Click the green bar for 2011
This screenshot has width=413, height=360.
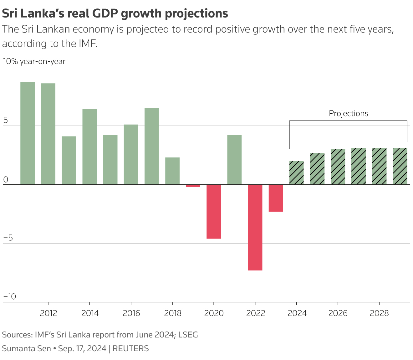point(28,133)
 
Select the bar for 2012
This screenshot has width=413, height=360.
point(48,134)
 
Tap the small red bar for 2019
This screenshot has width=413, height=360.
point(193,186)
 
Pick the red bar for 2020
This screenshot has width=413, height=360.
point(214,211)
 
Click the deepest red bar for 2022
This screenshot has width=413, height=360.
point(255,227)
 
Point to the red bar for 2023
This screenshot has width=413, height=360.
point(276,198)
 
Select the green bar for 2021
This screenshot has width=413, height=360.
point(234,160)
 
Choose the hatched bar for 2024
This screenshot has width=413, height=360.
point(296,172)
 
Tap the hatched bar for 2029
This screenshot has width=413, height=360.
point(400,166)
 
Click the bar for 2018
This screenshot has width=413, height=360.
point(172,171)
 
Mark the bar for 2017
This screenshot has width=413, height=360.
point(152,146)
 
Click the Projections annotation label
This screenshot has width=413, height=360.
point(348,113)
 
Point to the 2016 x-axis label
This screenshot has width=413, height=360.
point(131,313)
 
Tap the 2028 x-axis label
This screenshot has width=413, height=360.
point(379,313)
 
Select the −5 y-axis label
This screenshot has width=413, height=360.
point(8,238)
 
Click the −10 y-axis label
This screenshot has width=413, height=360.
point(9,296)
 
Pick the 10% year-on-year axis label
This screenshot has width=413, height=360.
point(34,61)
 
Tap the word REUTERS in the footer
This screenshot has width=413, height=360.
point(130,348)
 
